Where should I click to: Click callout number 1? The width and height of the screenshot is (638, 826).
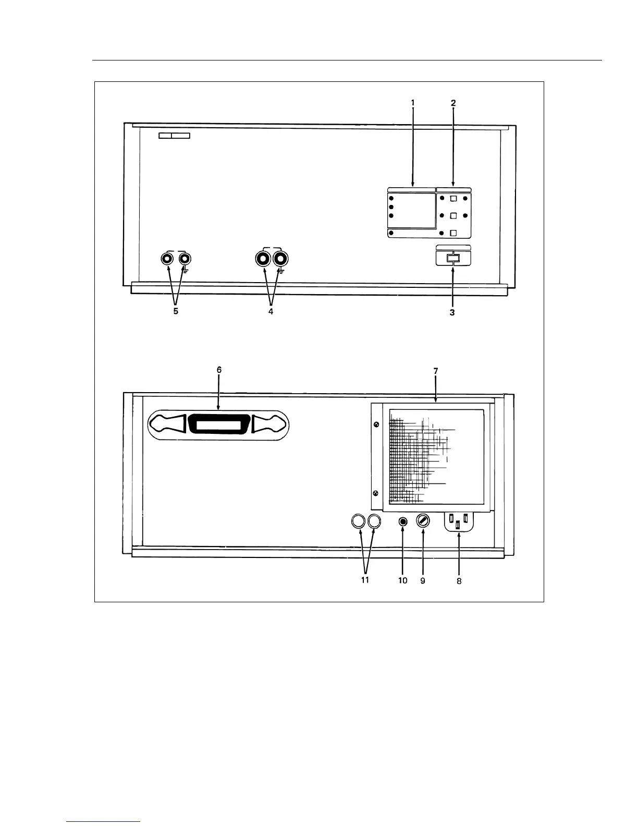pos(413,103)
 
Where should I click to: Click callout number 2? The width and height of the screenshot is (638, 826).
pos(453,103)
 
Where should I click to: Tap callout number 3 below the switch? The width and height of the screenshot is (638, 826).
pos(452,313)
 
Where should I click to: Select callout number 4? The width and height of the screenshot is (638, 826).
pos(271,312)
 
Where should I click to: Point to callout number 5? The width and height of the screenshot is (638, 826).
pos(176,311)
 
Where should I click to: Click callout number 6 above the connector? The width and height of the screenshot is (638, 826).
pos(219,369)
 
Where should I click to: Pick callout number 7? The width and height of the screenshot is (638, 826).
pos(436,371)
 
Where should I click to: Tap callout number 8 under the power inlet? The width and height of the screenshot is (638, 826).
pos(459,581)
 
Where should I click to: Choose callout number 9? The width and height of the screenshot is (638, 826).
pos(423,580)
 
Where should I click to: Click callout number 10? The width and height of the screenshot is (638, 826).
pos(403,580)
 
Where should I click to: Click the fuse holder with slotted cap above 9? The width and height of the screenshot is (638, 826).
pos(422,521)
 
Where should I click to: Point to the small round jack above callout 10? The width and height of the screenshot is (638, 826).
pos(402,521)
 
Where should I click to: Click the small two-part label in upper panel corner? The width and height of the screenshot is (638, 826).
pos(174,136)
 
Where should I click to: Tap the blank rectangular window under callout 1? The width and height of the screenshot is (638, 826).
pos(412,211)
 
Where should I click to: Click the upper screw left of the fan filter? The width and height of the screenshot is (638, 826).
pos(376,424)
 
